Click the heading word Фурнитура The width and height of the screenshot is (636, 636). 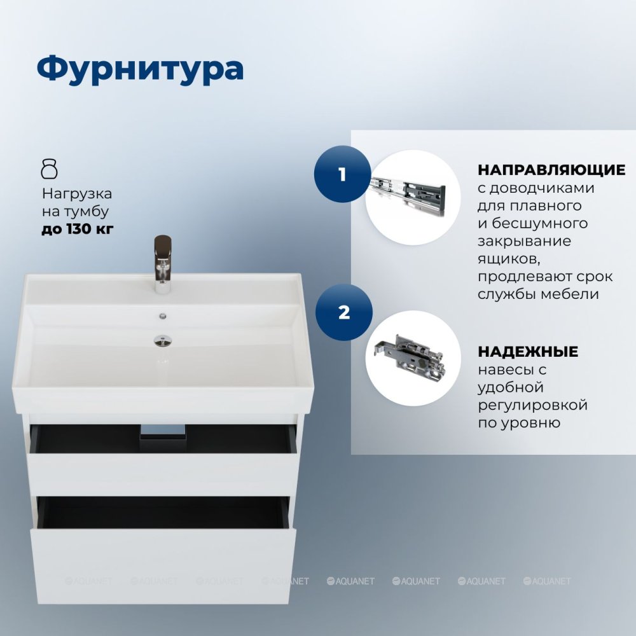click(140, 69)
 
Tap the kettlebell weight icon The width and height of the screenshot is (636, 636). click(50, 169)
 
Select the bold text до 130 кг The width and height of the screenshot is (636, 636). click(78, 229)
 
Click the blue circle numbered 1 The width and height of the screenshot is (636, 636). click(342, 174)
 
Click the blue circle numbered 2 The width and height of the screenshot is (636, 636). click(344, 312)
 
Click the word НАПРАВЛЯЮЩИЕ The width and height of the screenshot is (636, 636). click(551, 170)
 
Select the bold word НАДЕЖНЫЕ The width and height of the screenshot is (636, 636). click(528, 352)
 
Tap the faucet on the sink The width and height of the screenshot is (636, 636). click(163, 264)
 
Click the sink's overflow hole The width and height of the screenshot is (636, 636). click(163, 315)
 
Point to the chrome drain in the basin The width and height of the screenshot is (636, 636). click(163, 341)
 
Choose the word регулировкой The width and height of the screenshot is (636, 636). click(532, 405)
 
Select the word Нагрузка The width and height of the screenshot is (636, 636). click(77, 194)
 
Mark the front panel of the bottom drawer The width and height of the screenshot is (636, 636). click(163, 566)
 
